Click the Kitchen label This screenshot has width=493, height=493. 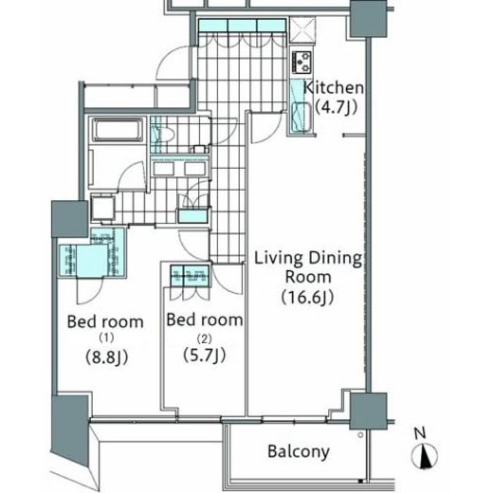pos(334,87)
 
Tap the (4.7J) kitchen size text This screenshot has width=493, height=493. pos(337,107)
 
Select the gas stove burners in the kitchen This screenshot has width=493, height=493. pos(302,62)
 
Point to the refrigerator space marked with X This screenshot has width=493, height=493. pos(302,29)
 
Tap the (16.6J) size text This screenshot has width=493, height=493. pos(307,297)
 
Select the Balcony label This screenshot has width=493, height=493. pos(299,451)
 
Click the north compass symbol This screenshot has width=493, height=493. pos(425,456)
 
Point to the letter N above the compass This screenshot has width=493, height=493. pos(420,433)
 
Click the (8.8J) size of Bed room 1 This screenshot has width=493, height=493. pos(107,357)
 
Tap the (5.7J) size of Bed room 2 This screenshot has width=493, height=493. pos(205,356)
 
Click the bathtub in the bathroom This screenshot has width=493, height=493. pos(117,130)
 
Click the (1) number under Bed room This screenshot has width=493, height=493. pos(106,338)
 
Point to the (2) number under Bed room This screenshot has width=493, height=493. pos(204,339)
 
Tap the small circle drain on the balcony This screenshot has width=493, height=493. pos(360,435)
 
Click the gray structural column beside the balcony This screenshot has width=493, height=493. pos(368,411)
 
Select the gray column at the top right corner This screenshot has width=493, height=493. pos(369,19)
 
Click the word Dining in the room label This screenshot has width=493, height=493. pos(336,259)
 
